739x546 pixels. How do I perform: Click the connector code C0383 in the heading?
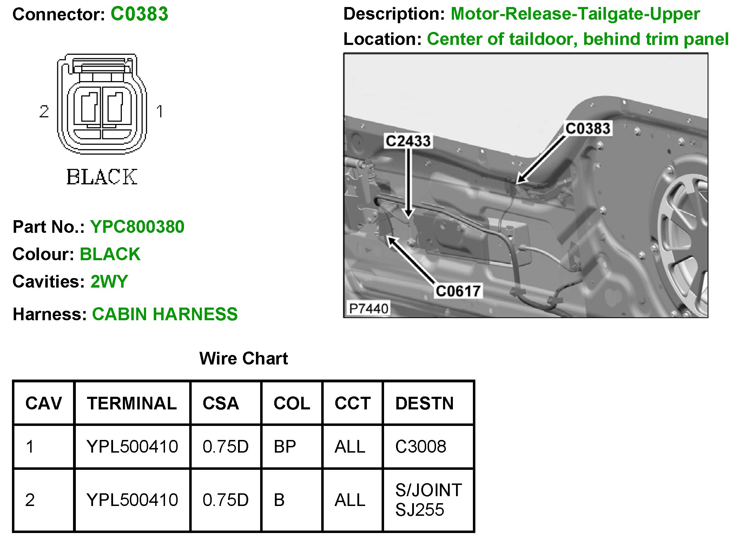(x=139, y=14)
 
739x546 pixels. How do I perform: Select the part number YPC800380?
(x=137, y=226)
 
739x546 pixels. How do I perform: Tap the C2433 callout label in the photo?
(x=408, y=141)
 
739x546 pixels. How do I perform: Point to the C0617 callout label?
(x=458, y=291)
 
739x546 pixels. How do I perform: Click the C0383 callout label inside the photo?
(x=588, y=129)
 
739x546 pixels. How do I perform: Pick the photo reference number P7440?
(x=368, y=309)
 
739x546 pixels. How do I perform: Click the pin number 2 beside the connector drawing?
(x=44, y=112)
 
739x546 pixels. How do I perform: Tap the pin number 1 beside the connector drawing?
(x=159, y=112)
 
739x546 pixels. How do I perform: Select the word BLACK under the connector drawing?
(x=102, y=177)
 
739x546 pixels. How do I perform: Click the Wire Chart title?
(x=243, y=358)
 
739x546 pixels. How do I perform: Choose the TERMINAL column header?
(x=132, y=403)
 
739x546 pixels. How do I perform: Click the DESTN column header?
(x=424, y=403)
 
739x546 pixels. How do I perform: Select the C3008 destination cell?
(x=421, y=447)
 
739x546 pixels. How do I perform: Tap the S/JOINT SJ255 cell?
(x=428, y=500)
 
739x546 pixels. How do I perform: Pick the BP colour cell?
(x=285, y=447)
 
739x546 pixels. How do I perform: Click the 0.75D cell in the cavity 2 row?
(x=225, y=500)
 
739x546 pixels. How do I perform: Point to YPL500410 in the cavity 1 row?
(x=132, y=447)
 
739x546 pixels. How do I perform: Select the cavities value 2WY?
(x=109, y=281)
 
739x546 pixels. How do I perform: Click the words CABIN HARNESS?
(x=165, y=314)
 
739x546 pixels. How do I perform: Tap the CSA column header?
(x=221, y=403)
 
